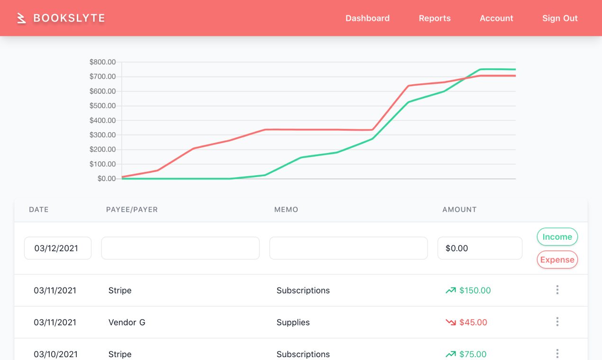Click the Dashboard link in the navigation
(x=367, y=18)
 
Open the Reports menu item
(x=435, y=18)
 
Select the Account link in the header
(x=496, y=18)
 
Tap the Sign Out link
(x=560, y=18)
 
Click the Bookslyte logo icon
(x=21, y=18)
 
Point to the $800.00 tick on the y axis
(x=102, y=62)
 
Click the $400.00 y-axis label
(x=102, y=120)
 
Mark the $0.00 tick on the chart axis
(x=107, y=179)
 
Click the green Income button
(x=557, y=237)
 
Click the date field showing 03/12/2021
(x=57, y=248)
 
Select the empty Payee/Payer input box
(x=180, y=248)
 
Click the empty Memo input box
(x=348, y=248)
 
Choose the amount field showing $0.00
(x=480, y=248)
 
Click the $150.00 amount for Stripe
(x=475, y=290)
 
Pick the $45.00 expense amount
(x=473, y=323)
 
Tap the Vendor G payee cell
(x=127, y=323)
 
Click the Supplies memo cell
(x=293, y=323)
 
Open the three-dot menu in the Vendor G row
(x=557, y=322)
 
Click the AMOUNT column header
(x=459, y=209)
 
